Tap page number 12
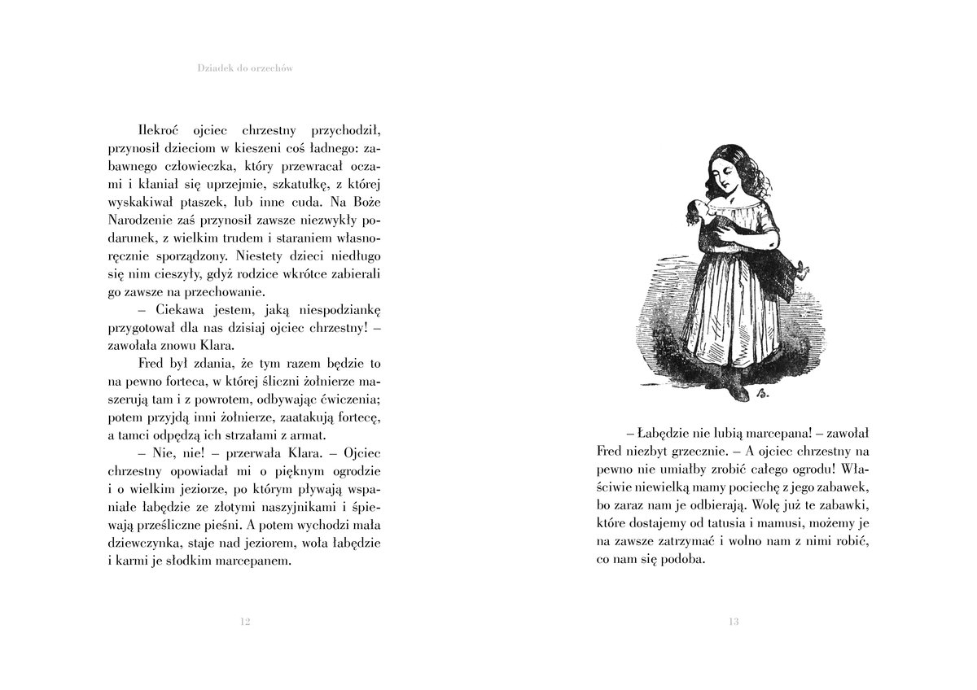coord(245,622)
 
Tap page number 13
coord(733,622)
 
